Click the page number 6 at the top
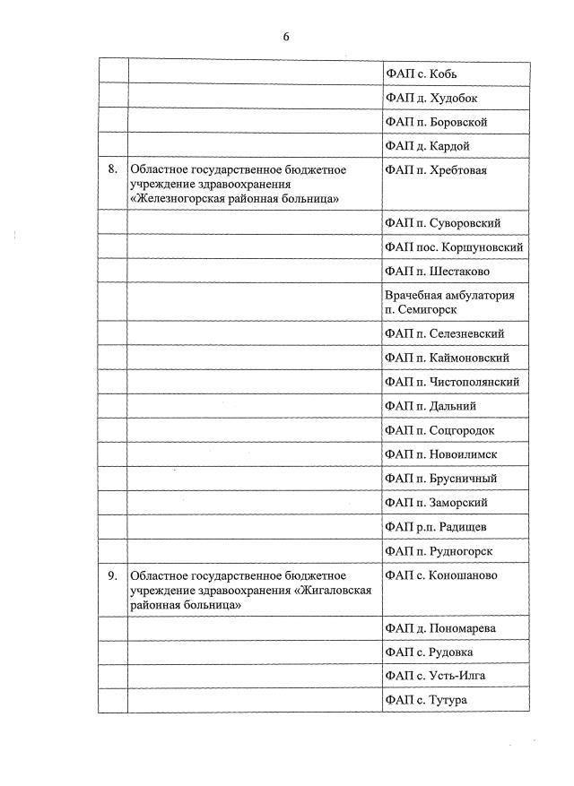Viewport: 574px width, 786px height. click(x=286, y=37)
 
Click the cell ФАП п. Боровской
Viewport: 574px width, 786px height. click(x=435, y=122)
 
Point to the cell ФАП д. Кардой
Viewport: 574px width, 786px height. click(x=427, y=146)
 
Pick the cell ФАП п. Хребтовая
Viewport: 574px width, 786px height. click(x=435, y=170)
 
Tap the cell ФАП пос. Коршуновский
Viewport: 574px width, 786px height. click(x=453, y=246)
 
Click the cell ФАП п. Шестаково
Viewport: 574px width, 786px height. click(x=436, y=271)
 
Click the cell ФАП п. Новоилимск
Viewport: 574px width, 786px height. click(x=439, y=454)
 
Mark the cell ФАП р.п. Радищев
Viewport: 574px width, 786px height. click(x=435, y=526)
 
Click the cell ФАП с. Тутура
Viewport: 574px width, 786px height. click(x=425, y=700)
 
